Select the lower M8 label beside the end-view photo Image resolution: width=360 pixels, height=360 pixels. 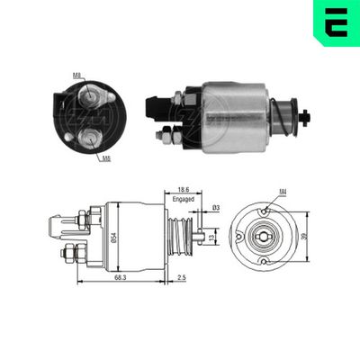pyautogui.click(x=106, y=158)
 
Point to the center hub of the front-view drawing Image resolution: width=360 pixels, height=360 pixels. pyautogui.click(x=263, y=236)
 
